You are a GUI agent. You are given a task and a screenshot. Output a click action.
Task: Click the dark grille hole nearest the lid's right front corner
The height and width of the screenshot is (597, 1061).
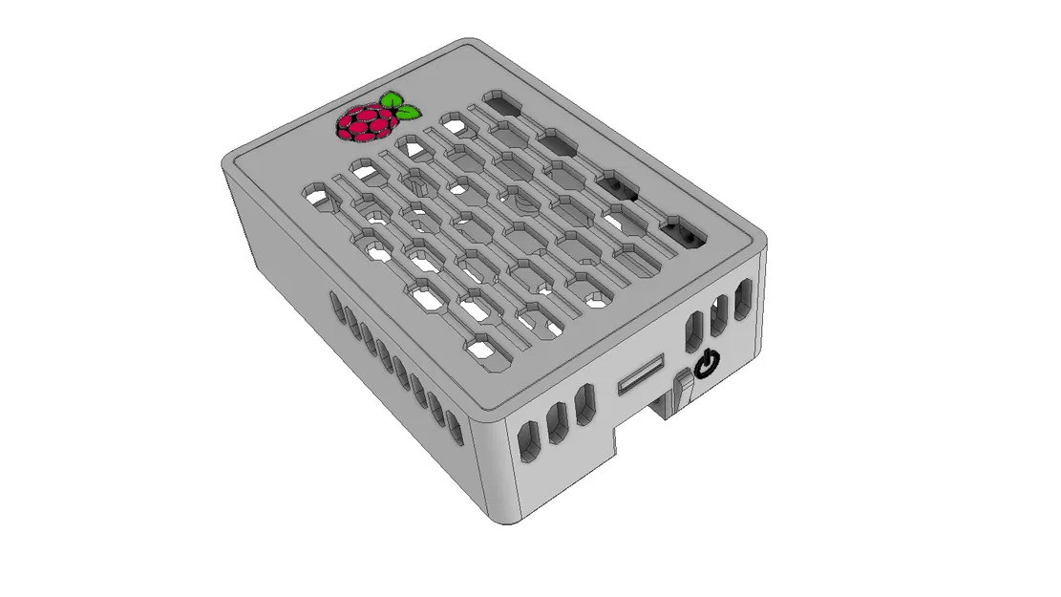684,232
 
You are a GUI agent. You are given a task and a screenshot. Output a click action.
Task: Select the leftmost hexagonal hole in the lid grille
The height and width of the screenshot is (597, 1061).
320,198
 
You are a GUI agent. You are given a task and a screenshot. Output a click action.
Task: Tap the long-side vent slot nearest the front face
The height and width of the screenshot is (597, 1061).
456,428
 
